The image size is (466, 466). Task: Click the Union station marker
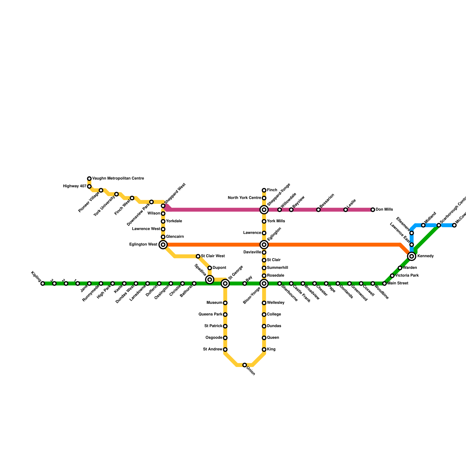(245, 365)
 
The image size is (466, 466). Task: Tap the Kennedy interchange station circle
(412, 256)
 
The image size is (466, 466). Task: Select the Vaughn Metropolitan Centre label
(118, 179)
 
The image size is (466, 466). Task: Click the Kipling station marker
(43, 283)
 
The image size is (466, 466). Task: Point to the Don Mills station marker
(373, 210)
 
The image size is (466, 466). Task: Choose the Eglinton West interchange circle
(163, 245)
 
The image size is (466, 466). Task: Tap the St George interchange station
(225, 283)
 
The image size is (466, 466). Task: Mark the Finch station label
(272, 190)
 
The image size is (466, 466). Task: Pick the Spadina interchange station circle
(210, 280)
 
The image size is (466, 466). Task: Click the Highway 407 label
(75, 186)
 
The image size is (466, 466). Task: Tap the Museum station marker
(225, 303)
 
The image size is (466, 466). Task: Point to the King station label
(271, 349)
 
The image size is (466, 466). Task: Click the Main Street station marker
(384, 283)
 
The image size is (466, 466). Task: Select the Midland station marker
(423, 225)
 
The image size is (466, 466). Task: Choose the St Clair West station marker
(198, 256)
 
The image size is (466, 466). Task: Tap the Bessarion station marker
(318, 210)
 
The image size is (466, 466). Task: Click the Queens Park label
(210, 315)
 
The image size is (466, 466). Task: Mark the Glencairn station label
(175, 237)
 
